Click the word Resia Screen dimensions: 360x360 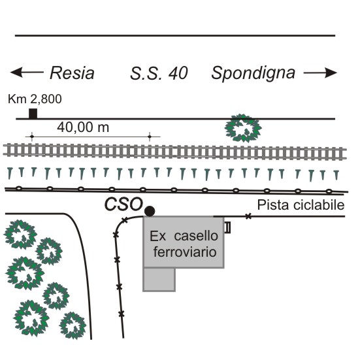72,73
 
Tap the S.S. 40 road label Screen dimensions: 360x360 159,73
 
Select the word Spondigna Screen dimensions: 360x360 253,73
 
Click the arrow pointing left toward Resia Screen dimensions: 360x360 27,72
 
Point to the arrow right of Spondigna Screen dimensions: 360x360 320,73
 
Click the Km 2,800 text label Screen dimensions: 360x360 35,99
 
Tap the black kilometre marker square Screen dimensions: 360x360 33,114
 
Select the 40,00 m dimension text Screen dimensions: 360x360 83,127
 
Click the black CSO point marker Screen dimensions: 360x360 150,211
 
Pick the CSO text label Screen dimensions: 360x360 123,205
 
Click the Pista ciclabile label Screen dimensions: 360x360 301,205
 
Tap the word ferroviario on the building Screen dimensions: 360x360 185,252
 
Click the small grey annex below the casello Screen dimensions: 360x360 159,280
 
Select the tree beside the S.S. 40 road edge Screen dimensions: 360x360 243,128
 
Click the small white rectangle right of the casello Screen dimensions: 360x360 227,227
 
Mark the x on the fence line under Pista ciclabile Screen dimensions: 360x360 248,216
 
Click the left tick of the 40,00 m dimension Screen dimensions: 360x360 31,137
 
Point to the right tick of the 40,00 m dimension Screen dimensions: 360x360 150,137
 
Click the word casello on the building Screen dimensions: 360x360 196,236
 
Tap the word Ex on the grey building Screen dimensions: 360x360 157,236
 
